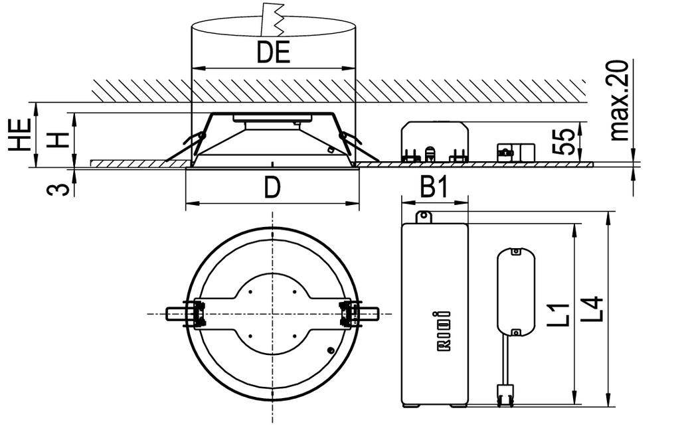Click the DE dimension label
pyautogui.click(x=274, y=52)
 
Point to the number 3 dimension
pyautogui.click(x=59, y=188)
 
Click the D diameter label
pyautogui.click(x=271, y=188)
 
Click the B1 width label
pyautogui.click(x=435, y=188)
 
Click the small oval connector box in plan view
pyautogui.click(x=516, y=292)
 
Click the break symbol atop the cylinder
pyautogui.click(x=274, y=18)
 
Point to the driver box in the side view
pyautogui.click(x=435, y=141)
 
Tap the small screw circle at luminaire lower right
pyautogui.click(x=331, y=350)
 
